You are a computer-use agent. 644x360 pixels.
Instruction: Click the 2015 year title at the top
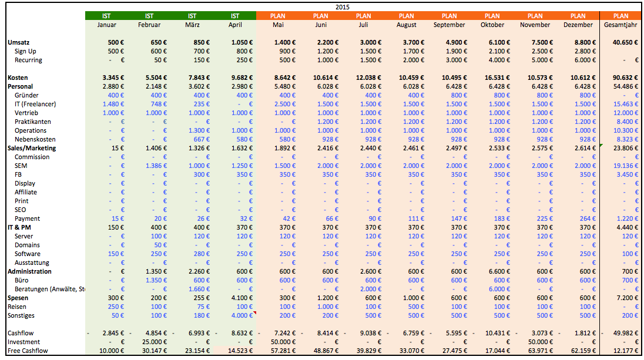coord(342,7)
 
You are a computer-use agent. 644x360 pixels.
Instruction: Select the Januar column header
coord(106,25)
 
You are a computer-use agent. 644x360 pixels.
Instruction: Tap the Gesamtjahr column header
coord(620,25)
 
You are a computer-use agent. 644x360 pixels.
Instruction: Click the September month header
coord(449,25)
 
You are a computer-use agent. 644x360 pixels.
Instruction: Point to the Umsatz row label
coord(18,43)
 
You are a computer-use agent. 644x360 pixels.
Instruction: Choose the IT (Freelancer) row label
coord(35,105)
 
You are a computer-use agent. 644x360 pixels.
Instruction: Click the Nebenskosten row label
coord(35,140)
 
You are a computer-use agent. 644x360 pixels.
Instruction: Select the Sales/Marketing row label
coord(32,148)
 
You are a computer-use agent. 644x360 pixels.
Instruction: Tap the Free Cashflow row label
coord(28,351)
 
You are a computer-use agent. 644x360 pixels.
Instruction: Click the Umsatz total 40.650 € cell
coord(625,43)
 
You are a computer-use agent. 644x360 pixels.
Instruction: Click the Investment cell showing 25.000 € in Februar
coord(155,342)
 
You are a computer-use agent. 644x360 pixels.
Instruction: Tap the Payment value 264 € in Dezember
coord(586,219)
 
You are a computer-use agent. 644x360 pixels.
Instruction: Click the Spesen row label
coord(18,298)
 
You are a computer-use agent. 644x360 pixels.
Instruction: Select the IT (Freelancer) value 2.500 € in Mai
coord(285,105)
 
